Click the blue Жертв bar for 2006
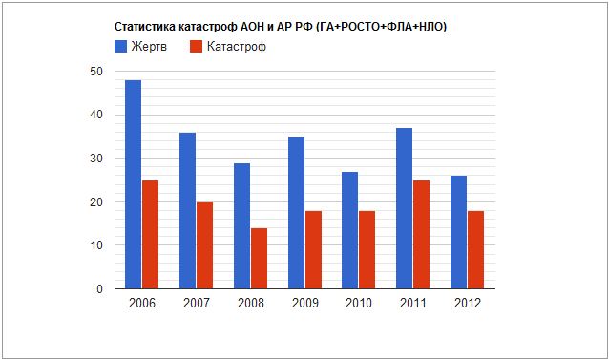point(133,184)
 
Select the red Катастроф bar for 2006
point(150,234)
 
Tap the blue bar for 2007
point(187,210)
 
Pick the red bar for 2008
point(259,258)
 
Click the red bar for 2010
point(367,249)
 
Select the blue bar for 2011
point(405,208)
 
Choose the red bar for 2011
point(422,234)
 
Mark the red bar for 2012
point(476,249)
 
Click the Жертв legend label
point(150,47)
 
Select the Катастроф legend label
point(236,47)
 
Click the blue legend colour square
point(120,46)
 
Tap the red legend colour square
point(196,46)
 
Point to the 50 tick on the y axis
point(97,72)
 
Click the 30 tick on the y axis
point(97,159)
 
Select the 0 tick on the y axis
point(100,288)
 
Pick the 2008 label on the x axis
point(250,304)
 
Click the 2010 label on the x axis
point(359,304)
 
